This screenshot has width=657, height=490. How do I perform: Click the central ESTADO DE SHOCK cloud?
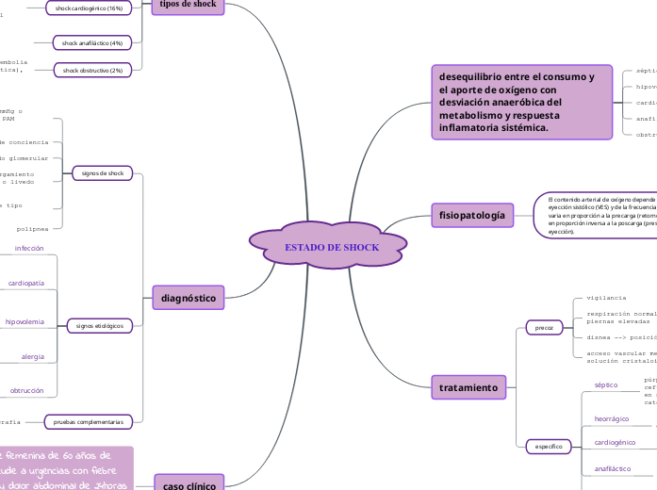click(331, 247)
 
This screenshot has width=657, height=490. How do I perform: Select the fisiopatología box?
click(472, 215)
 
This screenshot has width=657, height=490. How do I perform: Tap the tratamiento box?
click(468, 387)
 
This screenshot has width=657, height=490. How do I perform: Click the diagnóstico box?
click(189, 298)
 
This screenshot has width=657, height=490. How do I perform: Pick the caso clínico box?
click(189, 483)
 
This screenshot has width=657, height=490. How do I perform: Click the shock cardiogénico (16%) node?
click(90, 8)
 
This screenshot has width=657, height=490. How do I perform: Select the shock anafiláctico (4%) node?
click(92, 42)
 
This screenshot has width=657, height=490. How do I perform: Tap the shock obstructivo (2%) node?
click(92, 70)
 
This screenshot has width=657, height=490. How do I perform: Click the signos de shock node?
click(103, 173)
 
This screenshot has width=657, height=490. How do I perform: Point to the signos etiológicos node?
click(100, 325)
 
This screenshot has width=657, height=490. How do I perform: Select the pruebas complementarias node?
click(89, 421)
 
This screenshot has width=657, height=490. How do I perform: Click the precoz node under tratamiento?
click(544, 328)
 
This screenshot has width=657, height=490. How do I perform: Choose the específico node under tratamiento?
click(549, 446)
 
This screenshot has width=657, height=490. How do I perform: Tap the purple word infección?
click(28, 248)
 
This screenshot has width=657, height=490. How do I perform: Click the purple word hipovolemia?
click(25, 321)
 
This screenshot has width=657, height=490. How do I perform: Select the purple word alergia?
click(33, 356)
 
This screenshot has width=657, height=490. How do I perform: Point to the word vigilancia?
click(606, 297)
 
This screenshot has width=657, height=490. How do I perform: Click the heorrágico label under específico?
click(612, 418)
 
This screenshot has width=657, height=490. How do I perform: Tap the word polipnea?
click(32, 228)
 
